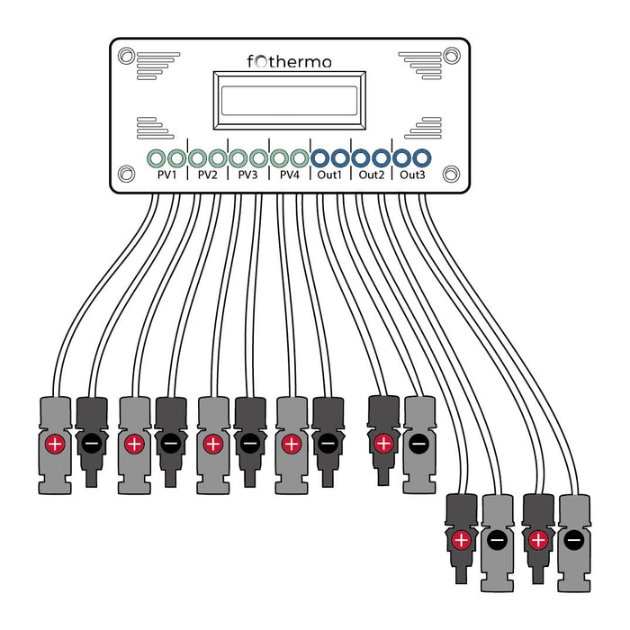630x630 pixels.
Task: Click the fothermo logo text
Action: [x=290, y=61]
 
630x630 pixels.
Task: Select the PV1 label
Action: [x=166, y=175]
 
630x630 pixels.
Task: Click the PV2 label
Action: [x=208, y=175]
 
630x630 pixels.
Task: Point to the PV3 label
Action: [x=247, y=175]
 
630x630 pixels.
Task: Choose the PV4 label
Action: [x=289, y=175]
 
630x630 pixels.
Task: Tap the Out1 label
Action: [x=329, y=175]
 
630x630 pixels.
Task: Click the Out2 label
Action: [x=371, y=175]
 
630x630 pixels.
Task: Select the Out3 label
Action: [x=412, y=175]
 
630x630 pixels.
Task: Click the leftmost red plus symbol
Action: [x=56, y=444]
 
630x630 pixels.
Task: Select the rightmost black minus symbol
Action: [x=573, y=541]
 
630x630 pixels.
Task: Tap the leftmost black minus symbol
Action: [x=92, y=444]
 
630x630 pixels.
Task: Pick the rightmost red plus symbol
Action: [x=538, y=541]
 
